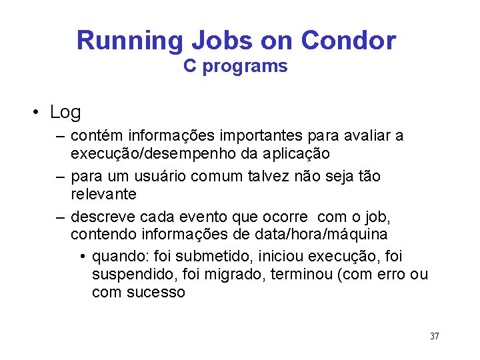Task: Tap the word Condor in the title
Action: click(348, 41)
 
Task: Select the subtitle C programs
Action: click(236, 67)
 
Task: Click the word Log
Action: click(65, 112)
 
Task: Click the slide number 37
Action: click(434, 336)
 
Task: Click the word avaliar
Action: click(365, 136)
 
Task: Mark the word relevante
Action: click(103, 194)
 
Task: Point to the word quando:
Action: click(121, 257)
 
